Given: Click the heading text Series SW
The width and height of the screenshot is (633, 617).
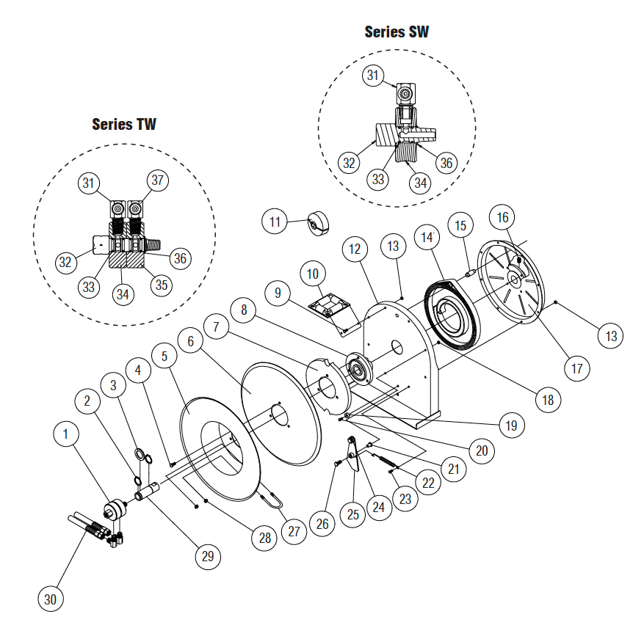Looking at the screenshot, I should (397, 32).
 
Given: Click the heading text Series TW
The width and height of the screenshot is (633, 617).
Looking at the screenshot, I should (124, 123).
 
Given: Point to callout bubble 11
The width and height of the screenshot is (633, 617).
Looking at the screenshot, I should (275, 221).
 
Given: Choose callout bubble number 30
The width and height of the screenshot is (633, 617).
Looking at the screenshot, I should (51, 599).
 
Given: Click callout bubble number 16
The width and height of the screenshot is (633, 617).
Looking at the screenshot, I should (503, 217).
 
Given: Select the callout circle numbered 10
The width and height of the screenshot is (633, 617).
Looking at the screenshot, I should (314, 274).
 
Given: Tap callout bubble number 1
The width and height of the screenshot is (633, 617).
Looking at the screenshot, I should (66, 434).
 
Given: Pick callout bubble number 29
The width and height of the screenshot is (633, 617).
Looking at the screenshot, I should (208, 556).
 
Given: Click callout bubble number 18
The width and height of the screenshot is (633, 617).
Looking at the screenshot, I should (547, 400).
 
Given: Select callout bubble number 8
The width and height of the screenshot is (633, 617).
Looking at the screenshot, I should (244, 308).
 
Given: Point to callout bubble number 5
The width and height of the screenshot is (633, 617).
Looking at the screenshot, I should (165, 356).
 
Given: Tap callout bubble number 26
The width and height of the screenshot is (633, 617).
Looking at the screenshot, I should (322, 523).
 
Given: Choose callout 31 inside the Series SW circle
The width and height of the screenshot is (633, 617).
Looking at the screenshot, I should (375, 75).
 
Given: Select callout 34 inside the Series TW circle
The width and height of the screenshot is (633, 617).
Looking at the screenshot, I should (124, 294).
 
